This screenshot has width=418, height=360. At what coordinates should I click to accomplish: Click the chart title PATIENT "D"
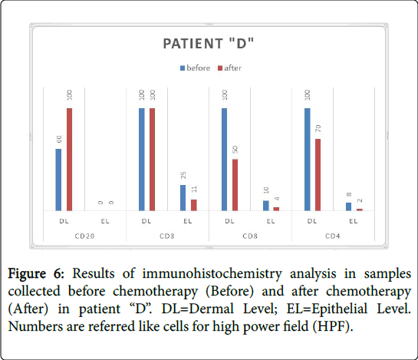[x=208, y=44]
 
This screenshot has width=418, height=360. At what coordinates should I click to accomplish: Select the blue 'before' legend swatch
[x=183, y=68]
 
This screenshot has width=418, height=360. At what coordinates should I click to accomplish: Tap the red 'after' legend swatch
[x=220, y=68]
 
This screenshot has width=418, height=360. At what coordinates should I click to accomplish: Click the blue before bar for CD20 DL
[x=58, y=180]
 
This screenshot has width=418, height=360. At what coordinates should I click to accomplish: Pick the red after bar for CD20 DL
[x=69, y=160]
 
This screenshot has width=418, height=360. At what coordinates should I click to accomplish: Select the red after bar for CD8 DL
[x=235, y=185]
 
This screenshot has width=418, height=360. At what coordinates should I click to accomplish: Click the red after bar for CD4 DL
[x=318, y=175]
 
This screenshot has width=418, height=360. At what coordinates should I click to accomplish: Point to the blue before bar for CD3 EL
[x=183, y=198]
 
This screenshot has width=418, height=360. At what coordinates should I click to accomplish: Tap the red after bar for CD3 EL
[x=194, y=205]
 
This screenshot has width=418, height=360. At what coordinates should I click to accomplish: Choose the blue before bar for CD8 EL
[x=266, y=206]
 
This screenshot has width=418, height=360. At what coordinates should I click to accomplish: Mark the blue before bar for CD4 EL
[x=348, y=206]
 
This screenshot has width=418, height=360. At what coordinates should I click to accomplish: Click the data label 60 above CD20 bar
[x=59, y=139]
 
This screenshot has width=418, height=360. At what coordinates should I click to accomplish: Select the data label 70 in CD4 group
[x=318, y=128]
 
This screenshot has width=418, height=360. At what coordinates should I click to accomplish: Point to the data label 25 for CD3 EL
[x=183, y=175]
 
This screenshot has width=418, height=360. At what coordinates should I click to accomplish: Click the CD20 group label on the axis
[x=84, y=236]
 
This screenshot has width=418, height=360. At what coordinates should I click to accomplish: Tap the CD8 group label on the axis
[x=250, y=236]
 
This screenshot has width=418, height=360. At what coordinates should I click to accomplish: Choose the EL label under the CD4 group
[x=354, y=221]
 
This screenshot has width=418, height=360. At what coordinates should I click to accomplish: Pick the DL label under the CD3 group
[x=146, y=221]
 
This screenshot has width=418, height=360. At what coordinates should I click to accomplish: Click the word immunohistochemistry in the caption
[x=212, y=274]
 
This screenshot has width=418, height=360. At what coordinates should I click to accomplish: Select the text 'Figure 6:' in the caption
[x=36, y=273]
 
